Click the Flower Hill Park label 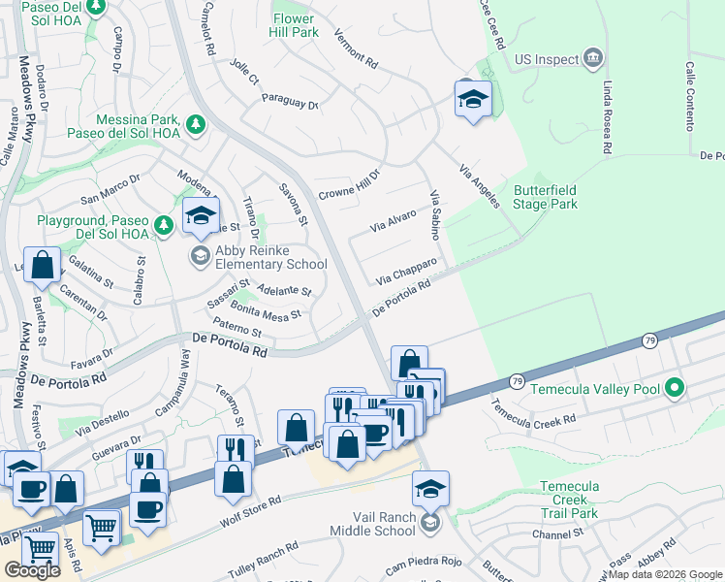[x=295, y=25]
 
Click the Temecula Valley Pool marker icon [x=675, y=390]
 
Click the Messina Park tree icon [x=196, y=125]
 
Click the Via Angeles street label [x=479, y=184]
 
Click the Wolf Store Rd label [x=250, y=512]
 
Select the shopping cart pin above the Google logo [x=41, y=548]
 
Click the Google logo [x=32, y=570]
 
